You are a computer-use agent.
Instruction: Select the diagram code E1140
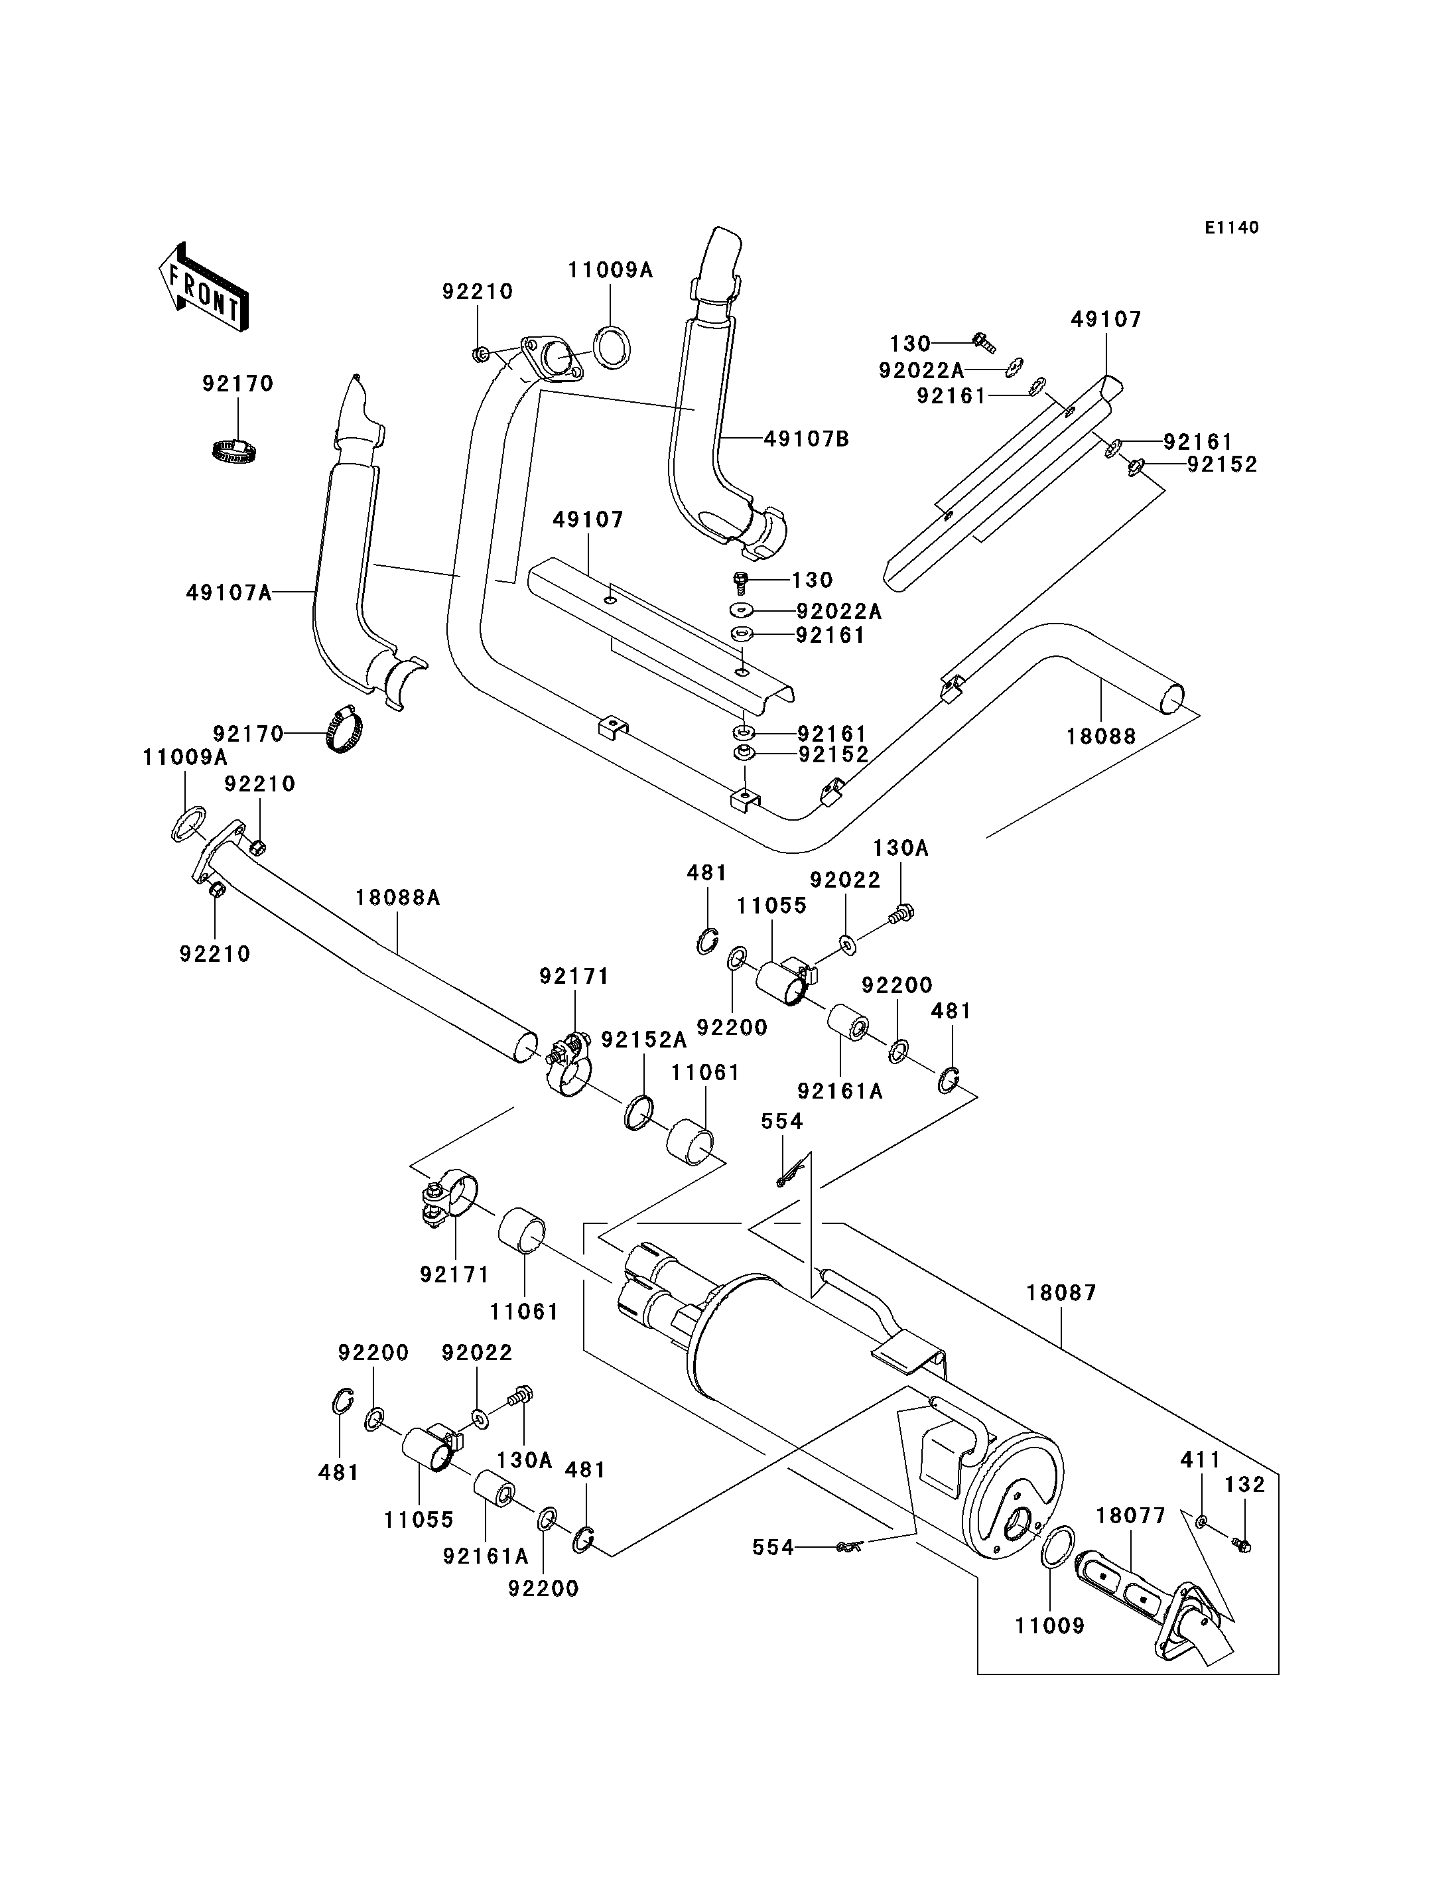(1232, 228)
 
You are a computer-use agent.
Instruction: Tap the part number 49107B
(807, 440)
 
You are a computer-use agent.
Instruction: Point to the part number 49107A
(228, 593)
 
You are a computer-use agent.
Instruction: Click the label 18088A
(397, 898)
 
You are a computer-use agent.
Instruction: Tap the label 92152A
(644, 1040)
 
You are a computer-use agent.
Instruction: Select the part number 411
(1201, 1460)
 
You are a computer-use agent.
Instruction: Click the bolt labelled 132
(1242, 1545)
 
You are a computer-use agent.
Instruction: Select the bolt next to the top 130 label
(983, 341)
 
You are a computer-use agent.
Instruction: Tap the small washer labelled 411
(1202, 1521)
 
